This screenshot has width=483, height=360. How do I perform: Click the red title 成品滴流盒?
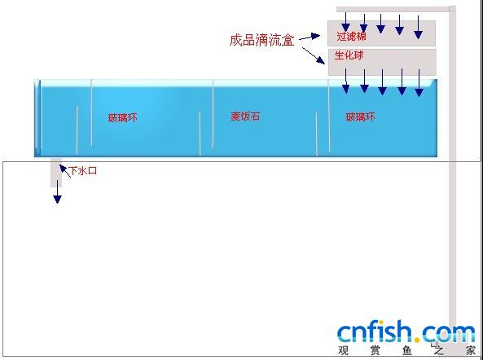[x=261, y=41]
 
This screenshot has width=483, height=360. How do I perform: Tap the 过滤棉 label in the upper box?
[x=352, y=37]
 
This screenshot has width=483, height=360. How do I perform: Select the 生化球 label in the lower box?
[x=349, y=55]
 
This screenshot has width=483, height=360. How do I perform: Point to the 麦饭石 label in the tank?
[x=245, y=116]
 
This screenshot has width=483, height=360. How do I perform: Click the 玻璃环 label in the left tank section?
[x=122, y=117]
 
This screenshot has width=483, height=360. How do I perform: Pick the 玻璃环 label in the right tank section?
[x=360, y=117]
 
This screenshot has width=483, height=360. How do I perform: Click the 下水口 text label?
[x=83, y=170]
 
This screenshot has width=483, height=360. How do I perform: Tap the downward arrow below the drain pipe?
[x=57, y=191]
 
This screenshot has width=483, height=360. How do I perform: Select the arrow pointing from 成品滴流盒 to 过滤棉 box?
[x=310, y=37]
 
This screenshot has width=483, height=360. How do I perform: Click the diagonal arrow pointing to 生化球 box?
[x=314, y=55]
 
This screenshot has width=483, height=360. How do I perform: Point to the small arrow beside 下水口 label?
[x=64, y=171]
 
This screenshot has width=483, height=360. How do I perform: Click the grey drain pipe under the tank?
[x=56, y=173]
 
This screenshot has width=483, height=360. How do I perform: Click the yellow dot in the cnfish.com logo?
[x=417, y=340]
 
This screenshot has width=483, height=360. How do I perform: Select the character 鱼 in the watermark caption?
[x=407, y=350]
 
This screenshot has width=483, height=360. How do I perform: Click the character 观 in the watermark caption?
[x=343, y=350]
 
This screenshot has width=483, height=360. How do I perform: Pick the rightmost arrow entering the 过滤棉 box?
[x=418, y=27]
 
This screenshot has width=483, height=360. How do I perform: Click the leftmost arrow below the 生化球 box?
[x=345, y=81]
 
